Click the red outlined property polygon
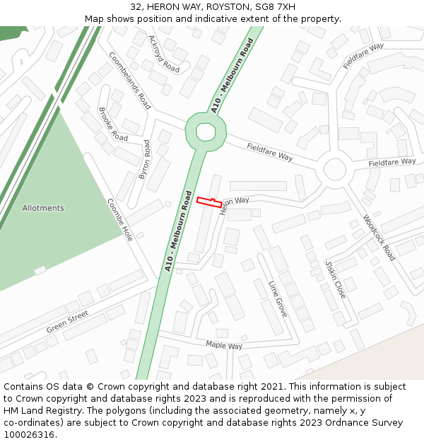pos(208,202)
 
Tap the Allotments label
pos(43,208)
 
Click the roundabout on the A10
pos(206,132)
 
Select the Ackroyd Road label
pos(164,54)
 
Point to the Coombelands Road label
pos(129,80)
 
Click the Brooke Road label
pos(113,124)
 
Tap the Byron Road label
pos(145,159)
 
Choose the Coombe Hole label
pos(119,220)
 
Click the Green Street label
pos(68,322)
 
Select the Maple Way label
pos(224,345)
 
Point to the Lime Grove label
pos(278,298)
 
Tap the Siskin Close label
pos(335,279)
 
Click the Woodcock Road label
pos(379,238)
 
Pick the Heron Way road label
pos(234,204)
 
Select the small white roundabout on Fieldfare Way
pos(335,170)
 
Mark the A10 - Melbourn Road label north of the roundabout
pos(232,76)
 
